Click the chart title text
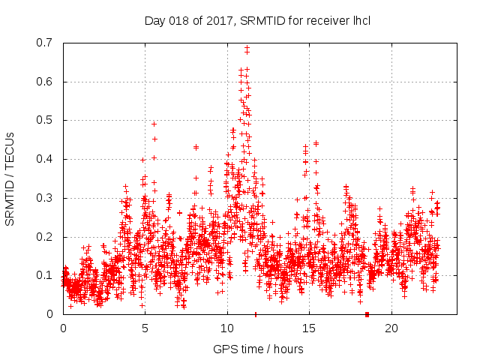(x=257, y=19)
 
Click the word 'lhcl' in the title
(x=360, y=19)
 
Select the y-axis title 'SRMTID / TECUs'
(x=10, y=178)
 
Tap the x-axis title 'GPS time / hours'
(x=258, y=349)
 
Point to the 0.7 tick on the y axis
(x=46, y=43)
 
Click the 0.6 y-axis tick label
(x=46, y=82)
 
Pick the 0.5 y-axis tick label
(x=46, y=120)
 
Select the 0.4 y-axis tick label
(x=46, y=159)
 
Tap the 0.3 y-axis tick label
(x=46, y=198)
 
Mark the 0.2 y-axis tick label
(x=46, y=237)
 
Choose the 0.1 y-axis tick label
(x=46, y=275)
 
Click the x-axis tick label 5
(x=145, y=328)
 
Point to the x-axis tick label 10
(x=227, y=328)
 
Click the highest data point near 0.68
(x=247, y=48)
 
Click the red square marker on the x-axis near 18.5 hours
(x=367, y=314)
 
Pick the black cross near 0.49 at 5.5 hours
(x=154, y=124)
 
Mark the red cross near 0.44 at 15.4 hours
(x=316, y=143)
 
